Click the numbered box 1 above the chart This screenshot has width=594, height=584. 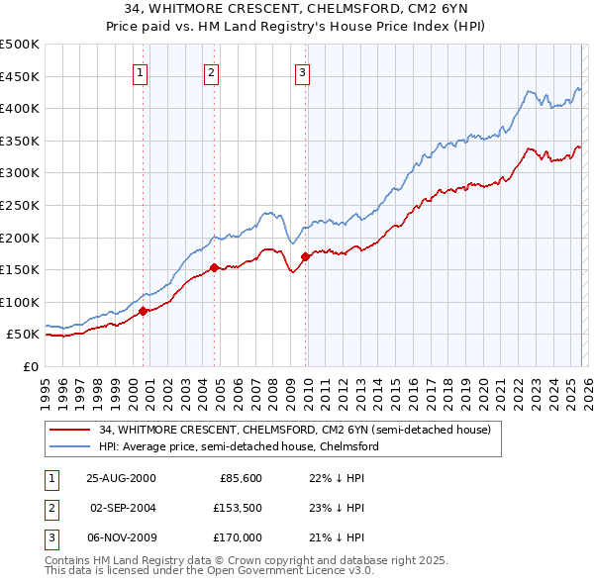pyautogui.click(x=140, y=71)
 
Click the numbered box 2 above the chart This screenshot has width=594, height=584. pyautogui.click(x=211, y=71)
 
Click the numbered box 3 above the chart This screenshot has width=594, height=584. pyautogui.click(x=302, y=71)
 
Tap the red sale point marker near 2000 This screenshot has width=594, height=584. pyautogui.click(x=143, y=311)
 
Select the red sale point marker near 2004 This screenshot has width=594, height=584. pyautogui.click(x=214, y=267)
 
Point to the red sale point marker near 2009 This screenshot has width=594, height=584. pyautogui.click(x=305, y=256)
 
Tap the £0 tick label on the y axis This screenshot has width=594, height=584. pyautogui.click(x=29, y=366)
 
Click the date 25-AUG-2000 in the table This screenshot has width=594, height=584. pyautogui.click(x=121, y=478)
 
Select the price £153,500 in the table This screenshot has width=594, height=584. pyautogui.click(x=237, y=508)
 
